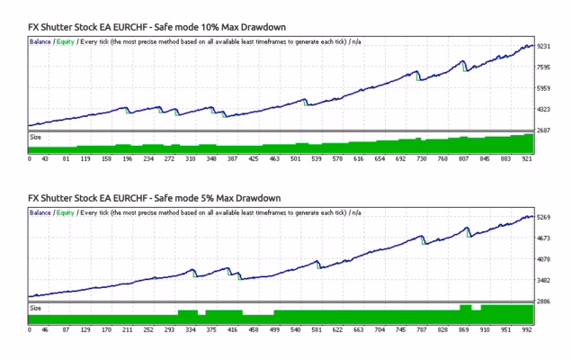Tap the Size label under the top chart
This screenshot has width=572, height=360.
[37, 137]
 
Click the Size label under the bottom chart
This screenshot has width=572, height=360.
[37, 308]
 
